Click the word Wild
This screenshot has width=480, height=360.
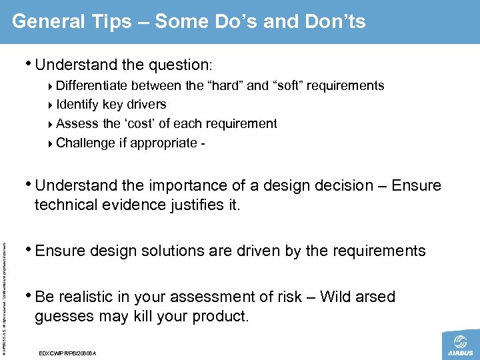pyautogui.click(x=337, y=297)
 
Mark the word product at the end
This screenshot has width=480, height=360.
pyautogui.click(x=221, y=317)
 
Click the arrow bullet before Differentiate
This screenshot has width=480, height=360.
pyautogui.click(x=52, y=86)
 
